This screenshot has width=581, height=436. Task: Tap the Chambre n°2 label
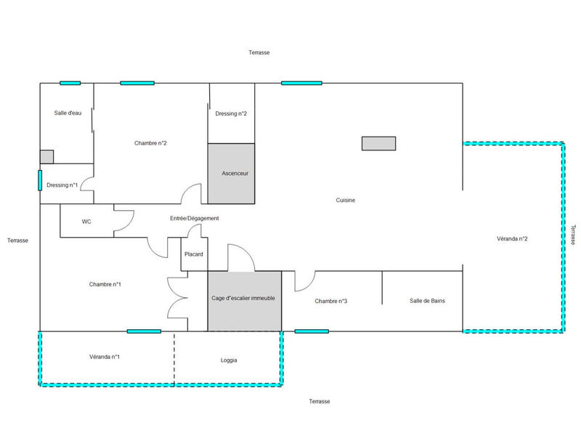pyautogui.click(x=151, y=143)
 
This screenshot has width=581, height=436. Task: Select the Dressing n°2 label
pyautogui.click(x=231, y=113)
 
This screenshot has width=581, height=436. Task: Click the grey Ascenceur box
pyautogui.click(x=232, y=174)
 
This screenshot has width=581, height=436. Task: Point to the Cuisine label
pyautogui.click(x=345, y=201)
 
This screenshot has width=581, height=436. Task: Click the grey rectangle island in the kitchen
pyautogui.click(x=378, y=143)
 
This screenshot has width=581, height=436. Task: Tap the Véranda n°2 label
pyautogui.click(x=512, y=238)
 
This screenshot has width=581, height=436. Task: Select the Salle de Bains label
pyautogui.click(x=428, y=300)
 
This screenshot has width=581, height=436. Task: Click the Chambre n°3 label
pyautogui.click(x=331, y=301)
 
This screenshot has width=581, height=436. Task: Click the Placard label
pyautogui.click(x=194, y=254)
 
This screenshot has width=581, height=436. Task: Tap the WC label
pyautogui.click(x=86, y=221)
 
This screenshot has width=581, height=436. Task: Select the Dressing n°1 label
pyautogui.click(x=62, y=185)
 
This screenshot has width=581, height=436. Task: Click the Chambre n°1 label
pyautogui.click(x=105, y=284)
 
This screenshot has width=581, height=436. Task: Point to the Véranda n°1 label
pyautogui.click(x=105, y=357)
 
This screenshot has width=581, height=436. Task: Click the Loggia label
pyautogui.click(x=229, y=360)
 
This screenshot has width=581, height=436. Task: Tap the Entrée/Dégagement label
pyautogui.click(x=194, y=218)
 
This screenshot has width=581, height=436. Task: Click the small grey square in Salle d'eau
pyautogui.click(x=46, y=157)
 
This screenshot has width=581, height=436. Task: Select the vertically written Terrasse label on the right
pyautogui.click(x=572, y=235)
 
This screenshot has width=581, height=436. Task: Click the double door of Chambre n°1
pyautogui.click(x=176, y=298)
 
